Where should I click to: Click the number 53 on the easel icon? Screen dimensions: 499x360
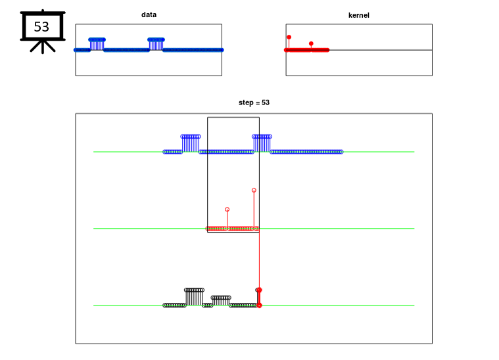pos(41,27)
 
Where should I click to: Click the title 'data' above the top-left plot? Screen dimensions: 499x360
pos(149,14)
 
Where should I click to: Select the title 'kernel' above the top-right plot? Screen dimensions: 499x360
pos(359,15)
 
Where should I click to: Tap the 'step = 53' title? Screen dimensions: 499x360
pos(254,102)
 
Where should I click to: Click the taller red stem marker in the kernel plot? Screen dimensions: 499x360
pos(289,37)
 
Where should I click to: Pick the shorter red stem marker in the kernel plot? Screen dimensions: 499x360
pos(311,43)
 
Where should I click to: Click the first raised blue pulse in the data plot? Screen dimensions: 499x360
pos(97,44)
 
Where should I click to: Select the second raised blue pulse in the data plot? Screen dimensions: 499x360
pos(156,44)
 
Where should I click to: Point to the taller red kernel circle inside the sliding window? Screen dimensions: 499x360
pos(254,190)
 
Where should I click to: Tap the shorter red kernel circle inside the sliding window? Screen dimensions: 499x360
pos(227,210)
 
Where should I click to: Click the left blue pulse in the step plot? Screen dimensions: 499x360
pos(191,143)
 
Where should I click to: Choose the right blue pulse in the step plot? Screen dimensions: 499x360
pos(262,143)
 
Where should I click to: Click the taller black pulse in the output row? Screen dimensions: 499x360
pos(194,297)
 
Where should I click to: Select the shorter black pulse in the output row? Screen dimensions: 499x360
pos(221,301)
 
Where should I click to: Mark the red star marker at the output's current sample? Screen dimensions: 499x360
pos(260,290)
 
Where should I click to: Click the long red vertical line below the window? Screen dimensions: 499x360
pos(260,259)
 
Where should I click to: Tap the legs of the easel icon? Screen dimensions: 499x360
pos(43,47)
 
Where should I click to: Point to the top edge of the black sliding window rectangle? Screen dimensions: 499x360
pos(233,118)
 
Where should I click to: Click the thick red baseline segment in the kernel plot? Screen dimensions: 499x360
pos(307,50)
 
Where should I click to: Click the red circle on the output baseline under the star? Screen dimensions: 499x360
pos(260,305)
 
